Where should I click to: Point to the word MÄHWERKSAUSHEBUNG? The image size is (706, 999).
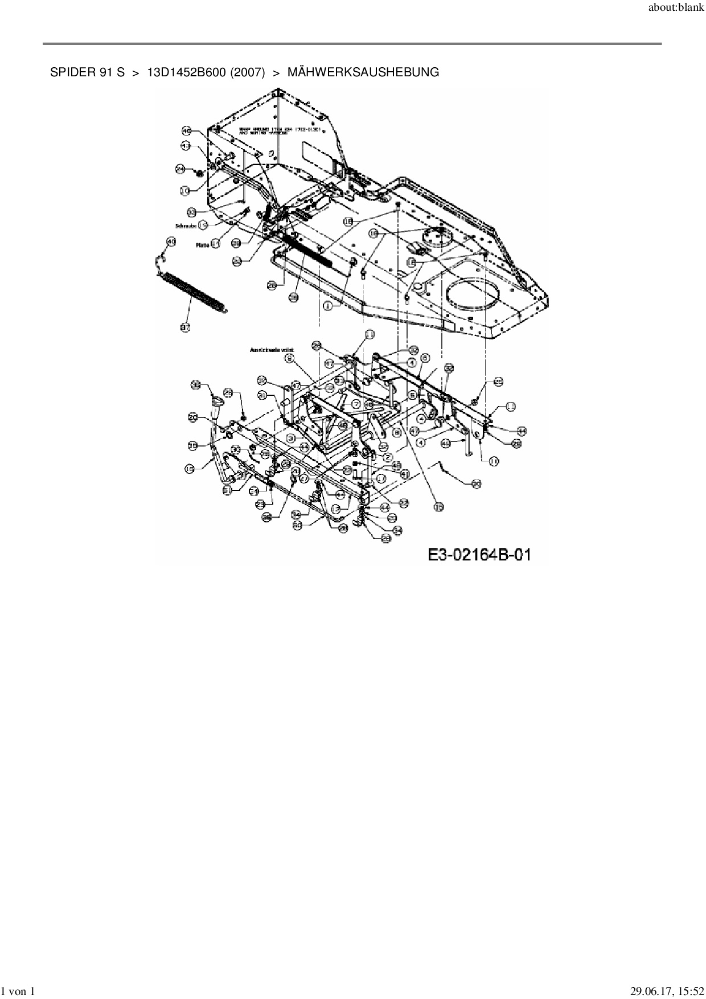[x=363, y=72]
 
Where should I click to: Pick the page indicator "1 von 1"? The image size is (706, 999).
[x=19, y=992]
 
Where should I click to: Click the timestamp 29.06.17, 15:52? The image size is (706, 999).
[x=667, y=992]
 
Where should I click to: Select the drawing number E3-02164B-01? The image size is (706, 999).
[x=479, y=554]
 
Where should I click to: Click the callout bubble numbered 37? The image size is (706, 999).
[x=185, y=327]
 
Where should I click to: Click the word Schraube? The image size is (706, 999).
[x=186, y=226]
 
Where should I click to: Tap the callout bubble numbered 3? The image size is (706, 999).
[x=290, y=439]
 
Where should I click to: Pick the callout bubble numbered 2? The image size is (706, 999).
[x=387, y=457]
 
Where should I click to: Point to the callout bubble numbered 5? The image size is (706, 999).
[x=412, y=393]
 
